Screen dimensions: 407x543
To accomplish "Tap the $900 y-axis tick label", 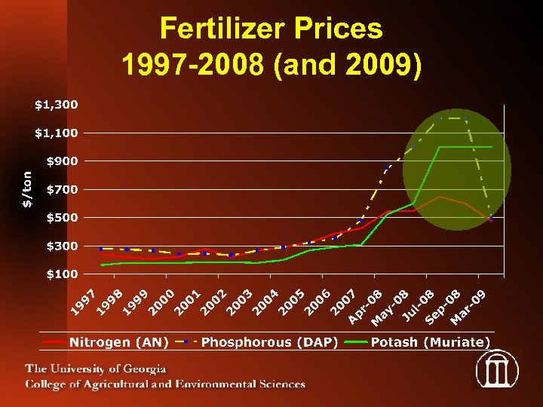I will point(61,161).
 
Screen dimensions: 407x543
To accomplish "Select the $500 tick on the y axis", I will point(61,218).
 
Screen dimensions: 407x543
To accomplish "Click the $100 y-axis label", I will point(61,274).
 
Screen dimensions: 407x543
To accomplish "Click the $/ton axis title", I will point(27,188).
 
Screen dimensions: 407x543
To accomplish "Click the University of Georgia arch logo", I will point(497,371).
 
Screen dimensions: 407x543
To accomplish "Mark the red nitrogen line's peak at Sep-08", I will point(440,197).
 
